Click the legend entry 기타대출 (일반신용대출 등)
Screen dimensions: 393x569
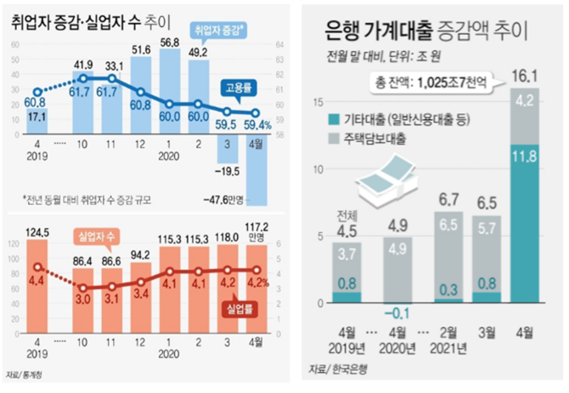tap(408, 119)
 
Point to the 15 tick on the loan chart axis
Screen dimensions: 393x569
tap(319, 102)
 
